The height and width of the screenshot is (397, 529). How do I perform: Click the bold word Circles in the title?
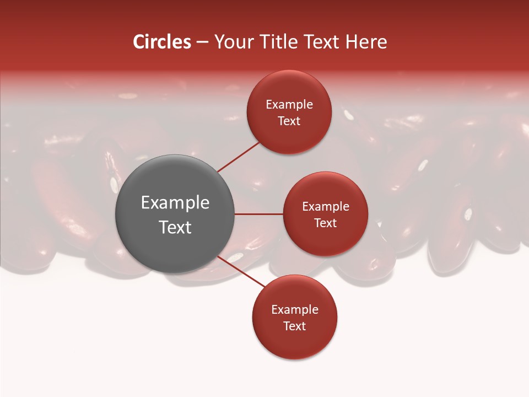162,42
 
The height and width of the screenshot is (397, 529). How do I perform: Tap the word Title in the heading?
283,42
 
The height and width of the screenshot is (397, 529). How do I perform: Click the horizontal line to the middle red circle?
258,214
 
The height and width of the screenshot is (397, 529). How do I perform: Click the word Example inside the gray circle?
175,203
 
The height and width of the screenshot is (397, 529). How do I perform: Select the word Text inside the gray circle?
175,227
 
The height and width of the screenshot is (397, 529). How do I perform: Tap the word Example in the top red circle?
289,105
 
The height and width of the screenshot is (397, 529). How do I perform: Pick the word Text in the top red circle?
289,121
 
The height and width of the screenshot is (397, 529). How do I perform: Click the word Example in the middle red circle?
325,207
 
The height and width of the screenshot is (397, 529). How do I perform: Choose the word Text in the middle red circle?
325,223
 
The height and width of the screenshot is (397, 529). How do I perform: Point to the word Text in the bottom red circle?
294,326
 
